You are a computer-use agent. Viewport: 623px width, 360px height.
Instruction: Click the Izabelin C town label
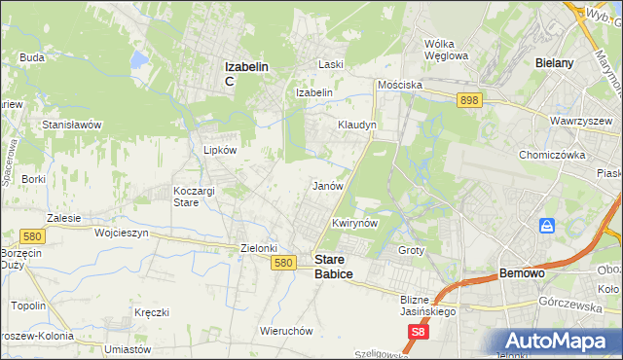246,73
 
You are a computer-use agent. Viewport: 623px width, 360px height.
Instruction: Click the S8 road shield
418,332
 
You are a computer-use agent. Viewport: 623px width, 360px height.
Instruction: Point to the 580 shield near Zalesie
30,235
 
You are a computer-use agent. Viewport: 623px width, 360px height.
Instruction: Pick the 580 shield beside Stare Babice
283,263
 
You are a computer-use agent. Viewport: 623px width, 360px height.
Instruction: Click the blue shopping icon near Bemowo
547,226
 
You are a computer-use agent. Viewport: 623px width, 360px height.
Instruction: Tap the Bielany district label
553,62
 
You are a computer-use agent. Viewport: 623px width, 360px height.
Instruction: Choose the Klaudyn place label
356,126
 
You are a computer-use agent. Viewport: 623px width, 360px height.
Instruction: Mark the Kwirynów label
353,223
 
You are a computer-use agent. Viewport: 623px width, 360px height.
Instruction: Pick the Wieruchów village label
286,330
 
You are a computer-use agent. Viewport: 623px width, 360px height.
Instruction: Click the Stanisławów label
72,126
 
